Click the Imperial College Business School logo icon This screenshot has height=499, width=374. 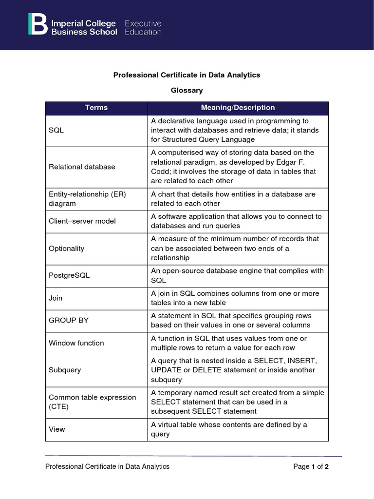[37, 24]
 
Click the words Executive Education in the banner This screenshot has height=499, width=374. [143, 28]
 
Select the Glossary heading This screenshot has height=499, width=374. [187, 90]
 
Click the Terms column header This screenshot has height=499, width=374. [96, 108]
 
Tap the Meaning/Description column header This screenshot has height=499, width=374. [238, 108]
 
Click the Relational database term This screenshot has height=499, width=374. [82, 167]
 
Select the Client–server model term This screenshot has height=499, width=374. [82, 221]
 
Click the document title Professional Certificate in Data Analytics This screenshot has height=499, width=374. [187, 75]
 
